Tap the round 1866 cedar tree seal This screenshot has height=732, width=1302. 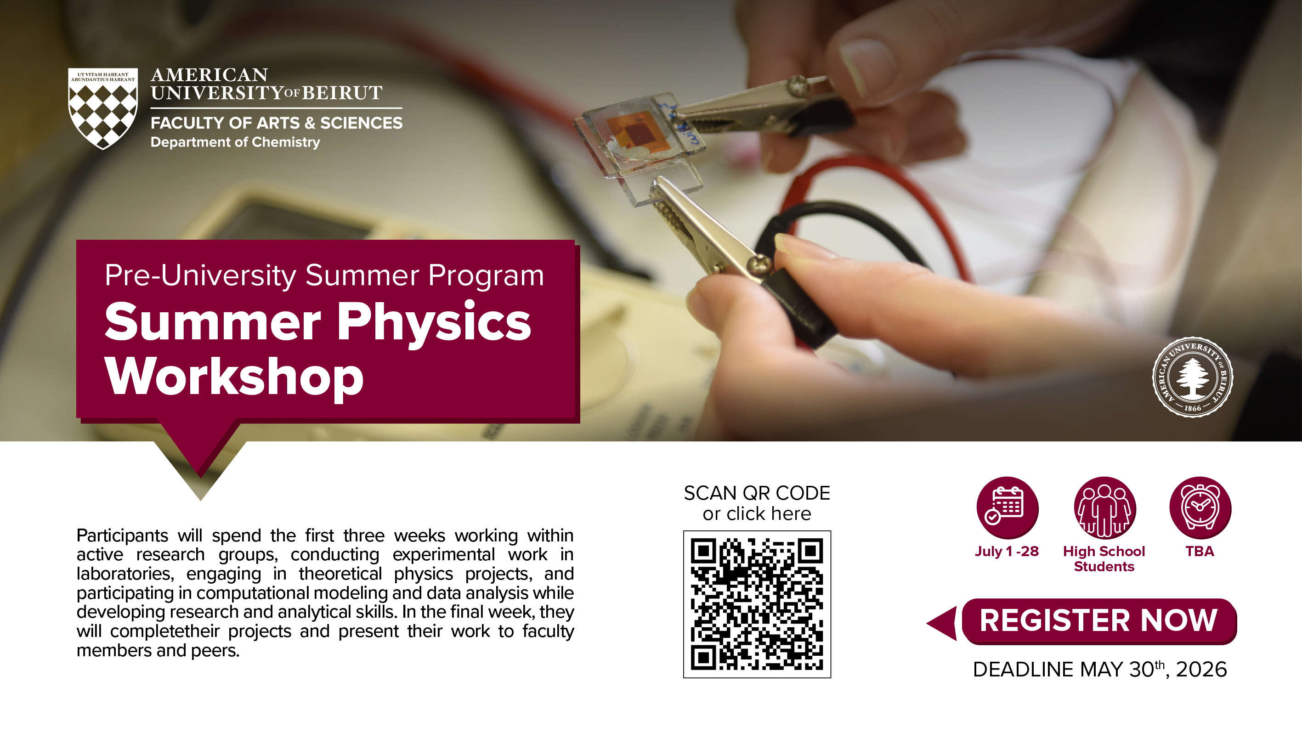(x=1192, y=377)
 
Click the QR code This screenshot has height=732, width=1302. (x=757, y=604)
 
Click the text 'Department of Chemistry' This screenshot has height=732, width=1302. (x=235, y=142)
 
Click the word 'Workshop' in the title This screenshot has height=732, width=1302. (x=234, y=377)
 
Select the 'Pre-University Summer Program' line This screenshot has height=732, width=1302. (x=324, y=276)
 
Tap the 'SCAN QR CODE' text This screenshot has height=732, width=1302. (x=757, y=493)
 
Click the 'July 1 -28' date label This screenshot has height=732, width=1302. (x=1007, y=551)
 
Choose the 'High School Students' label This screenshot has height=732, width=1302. (x=1104, y=559)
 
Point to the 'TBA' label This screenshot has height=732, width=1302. (x=1200, y=551)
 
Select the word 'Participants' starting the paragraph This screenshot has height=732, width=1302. (x=122, y=536)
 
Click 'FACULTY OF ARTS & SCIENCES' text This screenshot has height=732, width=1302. (x=277, y=123)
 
